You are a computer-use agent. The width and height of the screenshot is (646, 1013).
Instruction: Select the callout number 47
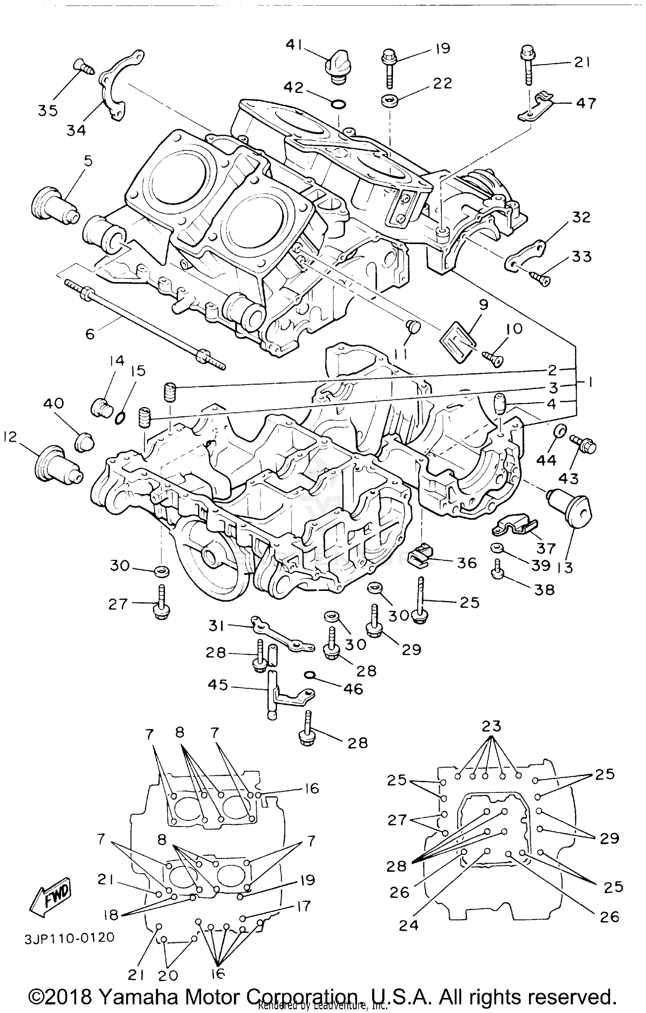pos(586,103)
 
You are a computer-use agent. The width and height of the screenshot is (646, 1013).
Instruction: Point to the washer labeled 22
pos(389,100)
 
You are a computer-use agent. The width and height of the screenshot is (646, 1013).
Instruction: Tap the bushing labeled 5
pos(55,205)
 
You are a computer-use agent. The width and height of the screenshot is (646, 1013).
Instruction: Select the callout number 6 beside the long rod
pos(90,334)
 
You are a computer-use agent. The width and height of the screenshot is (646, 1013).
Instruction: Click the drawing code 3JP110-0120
pos(69,938)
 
